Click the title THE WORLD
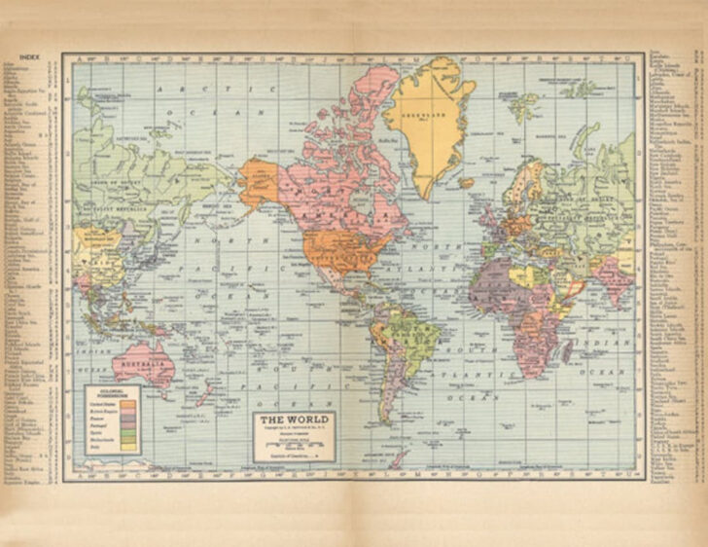(x=294, y=420)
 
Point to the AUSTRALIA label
(x=143, y=366)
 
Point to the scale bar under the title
(x=295, y=443)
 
